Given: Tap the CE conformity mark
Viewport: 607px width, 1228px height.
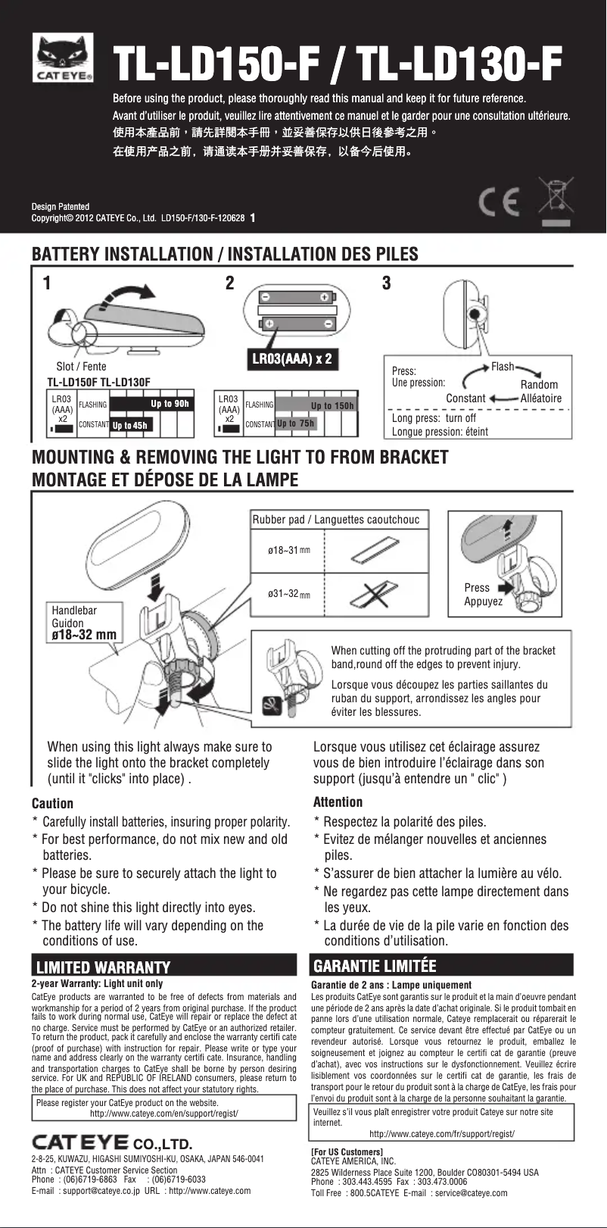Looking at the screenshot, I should [x=500, y=201].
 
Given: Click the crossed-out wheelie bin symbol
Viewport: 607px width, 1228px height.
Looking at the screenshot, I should [x=556, y=198].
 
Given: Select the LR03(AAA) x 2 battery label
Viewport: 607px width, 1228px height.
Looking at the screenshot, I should [x=291, y=358].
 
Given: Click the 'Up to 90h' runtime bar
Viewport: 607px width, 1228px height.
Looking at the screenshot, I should [x=170, y=404].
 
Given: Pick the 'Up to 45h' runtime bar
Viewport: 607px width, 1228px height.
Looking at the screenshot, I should [x=129, y=425].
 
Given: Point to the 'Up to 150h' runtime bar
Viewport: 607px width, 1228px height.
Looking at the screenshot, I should [x=332, y=405].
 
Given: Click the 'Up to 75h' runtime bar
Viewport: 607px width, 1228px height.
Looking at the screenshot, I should [x=295, y=423].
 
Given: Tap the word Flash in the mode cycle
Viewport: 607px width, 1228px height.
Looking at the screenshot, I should [x=503, y=367].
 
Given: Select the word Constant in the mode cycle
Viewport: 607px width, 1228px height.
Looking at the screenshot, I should [x=465, y=398].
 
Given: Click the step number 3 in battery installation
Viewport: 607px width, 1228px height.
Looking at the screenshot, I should [x=387, y=283].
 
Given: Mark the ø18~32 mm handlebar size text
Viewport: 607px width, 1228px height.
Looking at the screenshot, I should [x=83, y=635].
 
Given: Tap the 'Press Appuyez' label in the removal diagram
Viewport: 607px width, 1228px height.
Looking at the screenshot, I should [x=483, y=594].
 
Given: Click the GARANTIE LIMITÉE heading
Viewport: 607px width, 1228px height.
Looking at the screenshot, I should [x=375, y=966].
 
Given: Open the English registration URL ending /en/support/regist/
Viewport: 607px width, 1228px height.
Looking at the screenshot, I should [x=164, y=1114].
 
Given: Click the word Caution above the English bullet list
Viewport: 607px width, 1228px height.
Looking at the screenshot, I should [x=52, y=803].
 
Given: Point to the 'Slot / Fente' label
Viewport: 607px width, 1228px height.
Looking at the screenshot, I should [x=81, y=367].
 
